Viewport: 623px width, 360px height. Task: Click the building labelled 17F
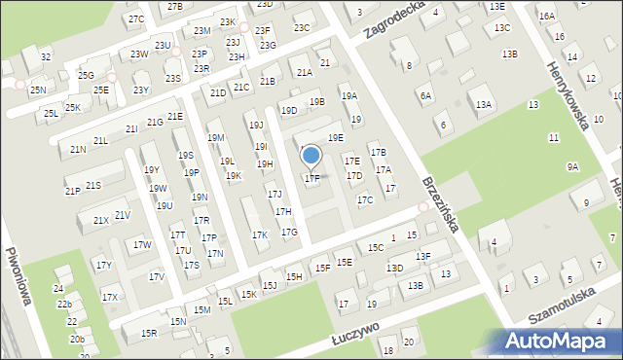point(311,178)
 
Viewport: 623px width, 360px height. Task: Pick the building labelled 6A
point(424,95)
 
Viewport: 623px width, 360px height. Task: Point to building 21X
point(101,220)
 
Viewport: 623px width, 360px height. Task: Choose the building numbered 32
point(46,57)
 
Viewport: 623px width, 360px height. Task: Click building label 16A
point(546,17)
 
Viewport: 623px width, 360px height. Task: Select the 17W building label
point(143,245)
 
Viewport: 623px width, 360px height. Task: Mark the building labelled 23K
point(228,21)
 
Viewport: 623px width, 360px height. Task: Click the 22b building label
point(64,305)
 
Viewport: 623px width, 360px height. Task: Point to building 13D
point(394,268)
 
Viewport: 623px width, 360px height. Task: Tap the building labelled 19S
point(185,156)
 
